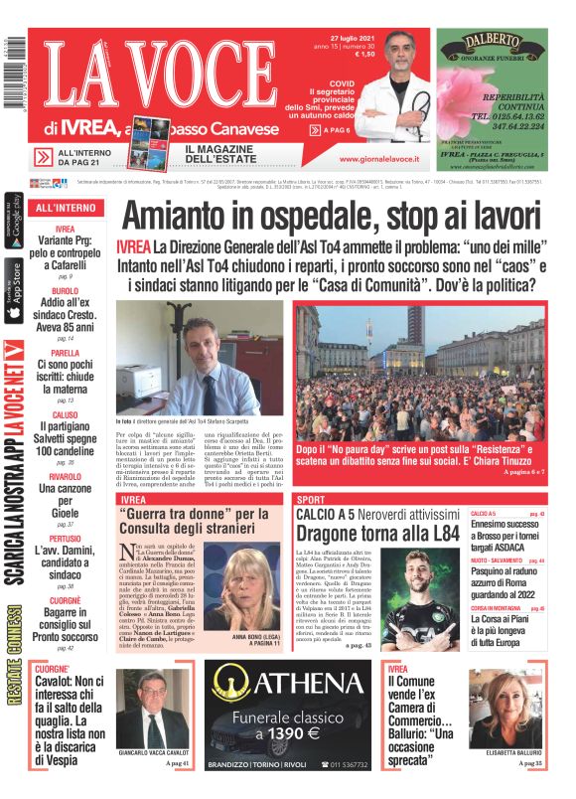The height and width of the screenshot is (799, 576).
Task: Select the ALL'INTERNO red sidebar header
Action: click(67, 208)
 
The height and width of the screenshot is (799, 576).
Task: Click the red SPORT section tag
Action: click(311, 499)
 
